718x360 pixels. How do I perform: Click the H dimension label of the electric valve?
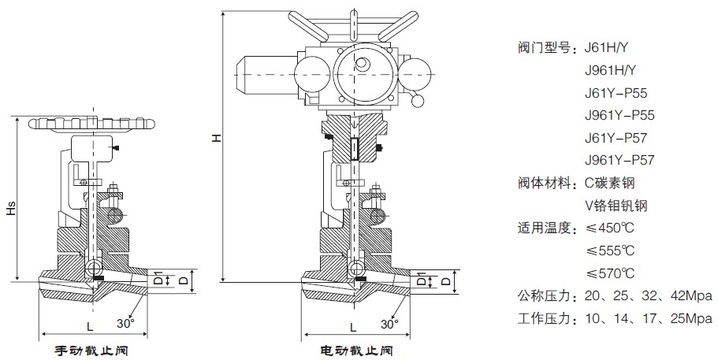click(214, 139)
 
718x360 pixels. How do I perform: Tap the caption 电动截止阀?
click(355, 349)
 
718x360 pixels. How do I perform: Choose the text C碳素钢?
click(609, 184)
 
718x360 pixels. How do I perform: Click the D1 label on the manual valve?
click(157, 280)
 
